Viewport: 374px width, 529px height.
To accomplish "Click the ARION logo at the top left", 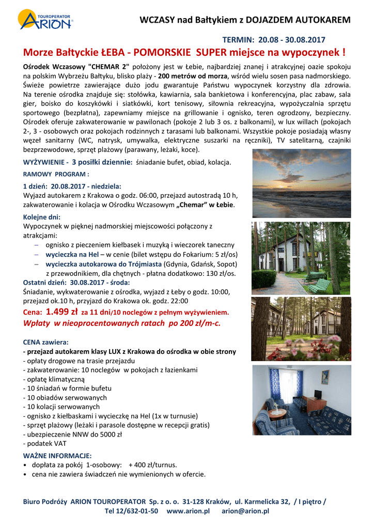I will click(x=45, y=20).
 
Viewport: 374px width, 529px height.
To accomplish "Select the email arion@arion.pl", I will click(x=245, y=511).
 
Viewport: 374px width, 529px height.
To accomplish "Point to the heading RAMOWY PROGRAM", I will click(x=56, y=174).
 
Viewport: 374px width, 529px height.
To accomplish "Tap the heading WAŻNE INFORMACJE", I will click(x=57, y=456).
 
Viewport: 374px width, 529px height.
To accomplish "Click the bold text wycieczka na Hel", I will click(x=72, y=254).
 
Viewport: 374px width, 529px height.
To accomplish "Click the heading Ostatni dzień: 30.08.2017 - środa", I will click(x=76, y=283).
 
